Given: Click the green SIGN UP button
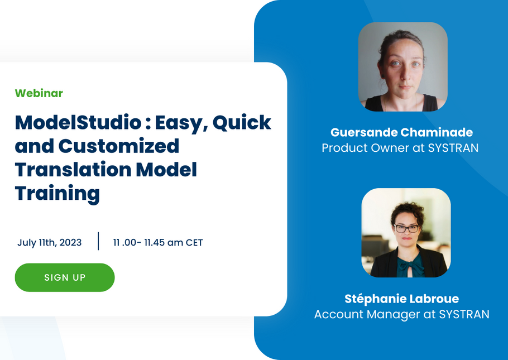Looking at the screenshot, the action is pos(65,277).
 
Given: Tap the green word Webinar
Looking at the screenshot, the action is pos(39,93).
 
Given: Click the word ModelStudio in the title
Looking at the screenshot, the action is pos(78,122).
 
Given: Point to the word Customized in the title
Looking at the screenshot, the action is pos(118,146).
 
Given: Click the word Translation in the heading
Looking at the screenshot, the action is pos(73,170).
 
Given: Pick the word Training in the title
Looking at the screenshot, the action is pos(57,194).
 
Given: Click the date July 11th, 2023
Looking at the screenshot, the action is pos(49,242).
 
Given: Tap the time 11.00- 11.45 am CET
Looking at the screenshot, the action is pos(158,242).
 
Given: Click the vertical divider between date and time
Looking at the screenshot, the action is pos(98,241).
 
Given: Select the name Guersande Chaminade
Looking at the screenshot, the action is pos(402,132).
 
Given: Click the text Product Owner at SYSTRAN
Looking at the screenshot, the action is pos(400,148).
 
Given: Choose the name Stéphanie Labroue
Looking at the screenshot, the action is pos(402,299).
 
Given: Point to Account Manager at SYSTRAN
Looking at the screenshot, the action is pos(402,314).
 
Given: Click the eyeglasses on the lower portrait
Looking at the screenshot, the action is pos(406,228).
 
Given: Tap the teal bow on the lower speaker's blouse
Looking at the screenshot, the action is pos(411,266).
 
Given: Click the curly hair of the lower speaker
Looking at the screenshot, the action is pos(408,212).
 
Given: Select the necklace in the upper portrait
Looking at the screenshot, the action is pos(401,102).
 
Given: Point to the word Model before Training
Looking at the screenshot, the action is pos(166,170).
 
